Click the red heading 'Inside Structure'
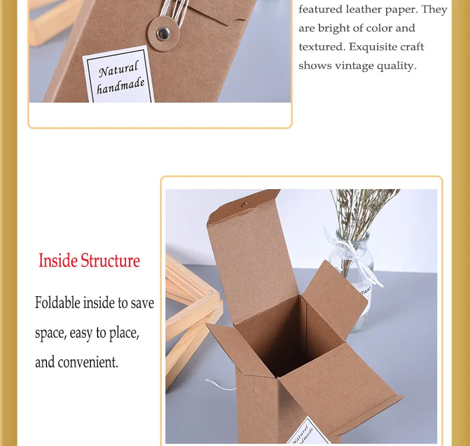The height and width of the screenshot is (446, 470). point(89,260)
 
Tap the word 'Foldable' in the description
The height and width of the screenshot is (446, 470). point(57,303)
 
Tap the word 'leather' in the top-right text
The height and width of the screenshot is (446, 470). point(364,10)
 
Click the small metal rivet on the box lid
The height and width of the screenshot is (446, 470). point(244,205)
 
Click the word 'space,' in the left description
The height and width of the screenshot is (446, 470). point(51,332)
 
